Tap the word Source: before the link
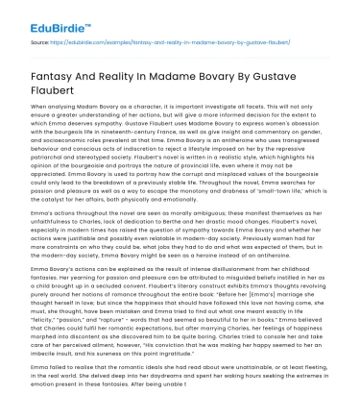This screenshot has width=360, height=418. point(37,43)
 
